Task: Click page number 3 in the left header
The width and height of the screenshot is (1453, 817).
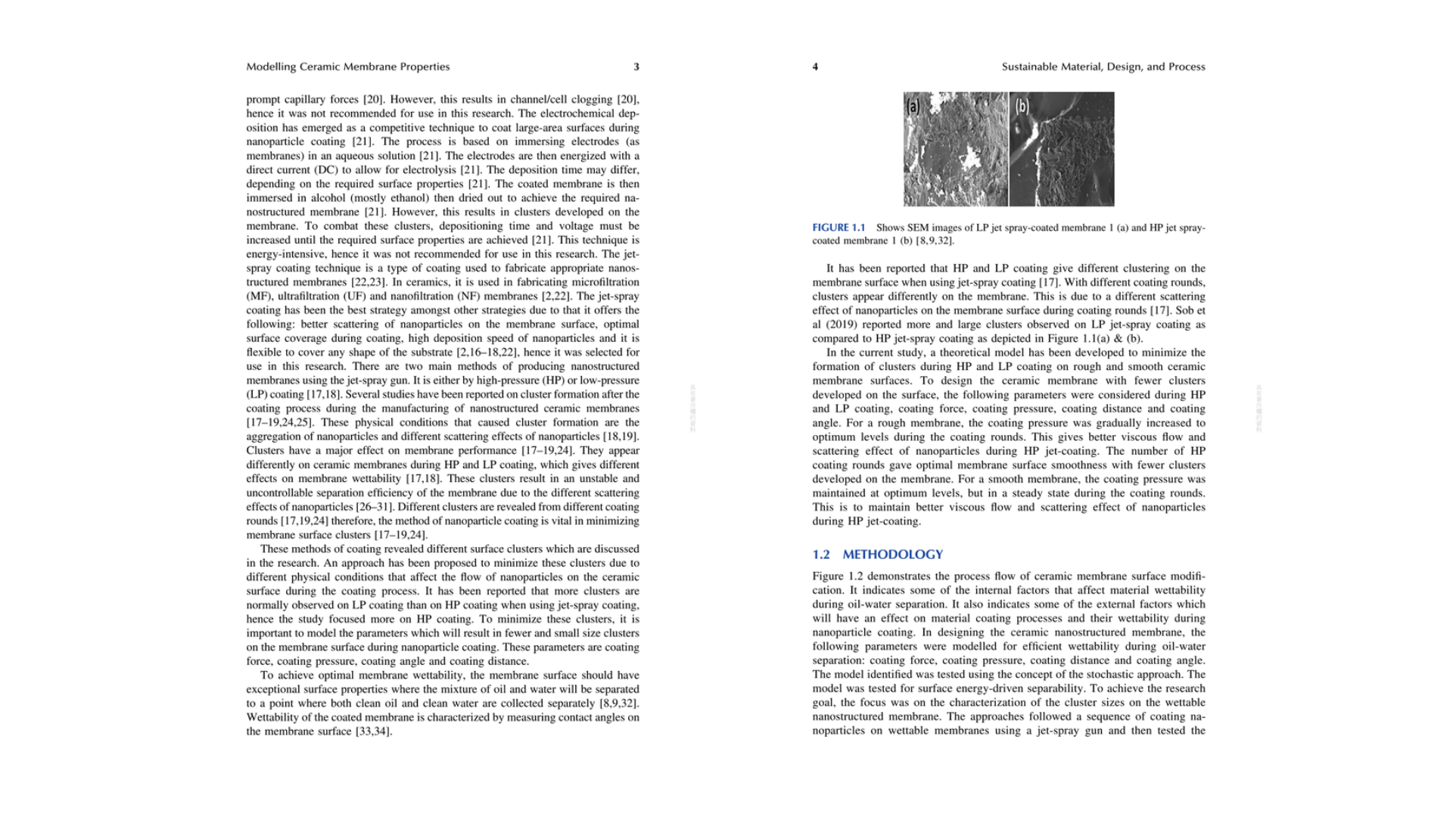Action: [x=636, y=67]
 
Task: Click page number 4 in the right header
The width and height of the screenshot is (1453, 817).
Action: [x=815, y=67]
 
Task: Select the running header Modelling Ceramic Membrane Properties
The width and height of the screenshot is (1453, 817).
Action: [x=348, y=67]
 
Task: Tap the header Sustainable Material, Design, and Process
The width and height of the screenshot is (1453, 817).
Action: [x=1103, y=67]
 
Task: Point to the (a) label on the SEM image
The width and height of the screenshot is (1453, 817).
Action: [x=913, y=107]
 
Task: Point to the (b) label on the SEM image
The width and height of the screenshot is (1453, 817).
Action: [x=1022, y=107]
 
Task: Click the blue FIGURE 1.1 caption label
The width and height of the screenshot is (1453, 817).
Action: [x=839, y=228]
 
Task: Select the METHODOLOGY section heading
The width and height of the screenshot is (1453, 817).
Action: [x=893, y=555]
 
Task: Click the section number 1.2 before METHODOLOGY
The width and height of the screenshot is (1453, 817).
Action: [x=821, y=555]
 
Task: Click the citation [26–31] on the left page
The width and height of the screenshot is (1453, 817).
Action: [x=375, y=507]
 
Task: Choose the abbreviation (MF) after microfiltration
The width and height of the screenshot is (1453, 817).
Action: [x=259, y=297]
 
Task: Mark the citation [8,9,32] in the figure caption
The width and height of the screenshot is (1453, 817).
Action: [x=935, y=241]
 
